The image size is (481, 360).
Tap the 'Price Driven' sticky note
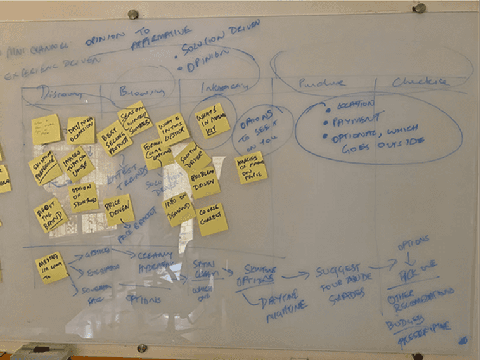(x=119, y=209)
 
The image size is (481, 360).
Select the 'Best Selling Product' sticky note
(x=114, y=137)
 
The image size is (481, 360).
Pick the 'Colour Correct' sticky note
(x=212, y=219)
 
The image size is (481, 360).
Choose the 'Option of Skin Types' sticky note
(x=84, y=196)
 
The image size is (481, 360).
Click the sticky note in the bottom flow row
(x=51, y=266)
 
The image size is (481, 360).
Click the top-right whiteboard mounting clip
(x=419, y=8)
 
